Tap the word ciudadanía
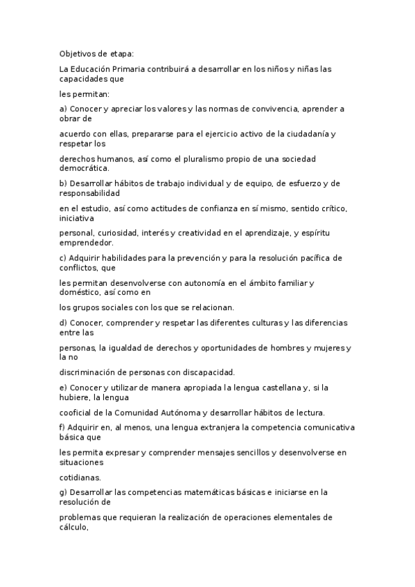(290, 134)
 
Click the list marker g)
(64, 492)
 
